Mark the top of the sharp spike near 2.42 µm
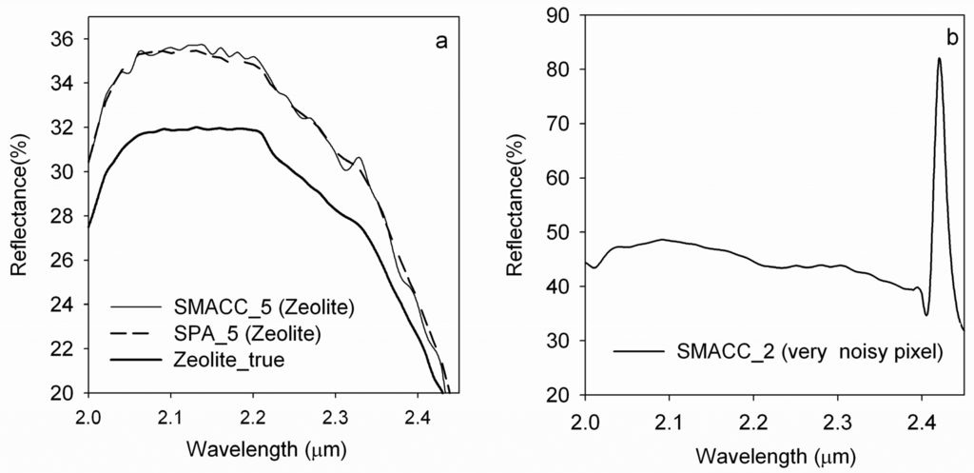pyautogui.click(x=939, y=59)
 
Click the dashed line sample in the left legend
pyautogui.click(x=134, y=334)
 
